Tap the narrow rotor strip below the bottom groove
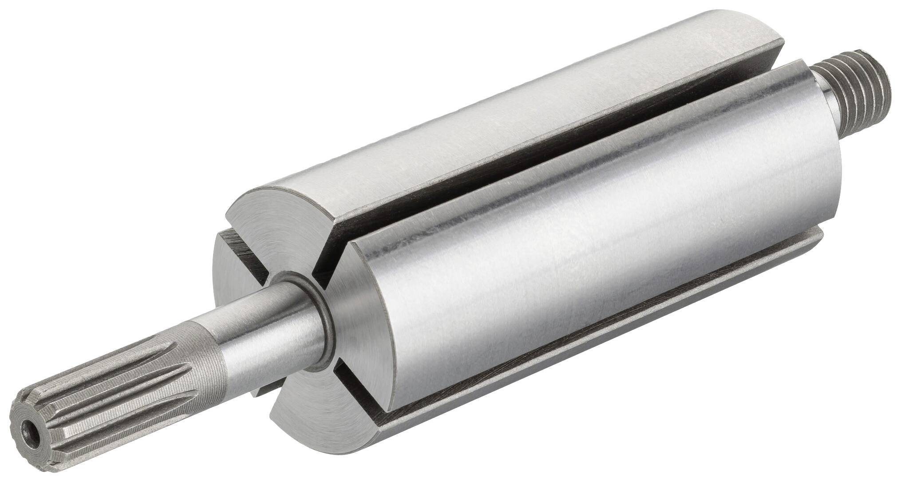click(x=621, y=355)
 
